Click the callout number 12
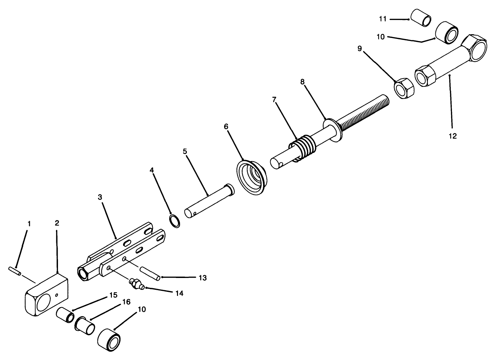tap(453, 136)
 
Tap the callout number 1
tap(29, 224)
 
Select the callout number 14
tap(179, 293)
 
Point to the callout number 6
tap(226, 126)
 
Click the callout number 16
tap(126, 302)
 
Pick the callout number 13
tap(202, 278)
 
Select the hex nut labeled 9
tap(404, 88)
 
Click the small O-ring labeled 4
tap(175, 221)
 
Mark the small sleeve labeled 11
tap(421, 18)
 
